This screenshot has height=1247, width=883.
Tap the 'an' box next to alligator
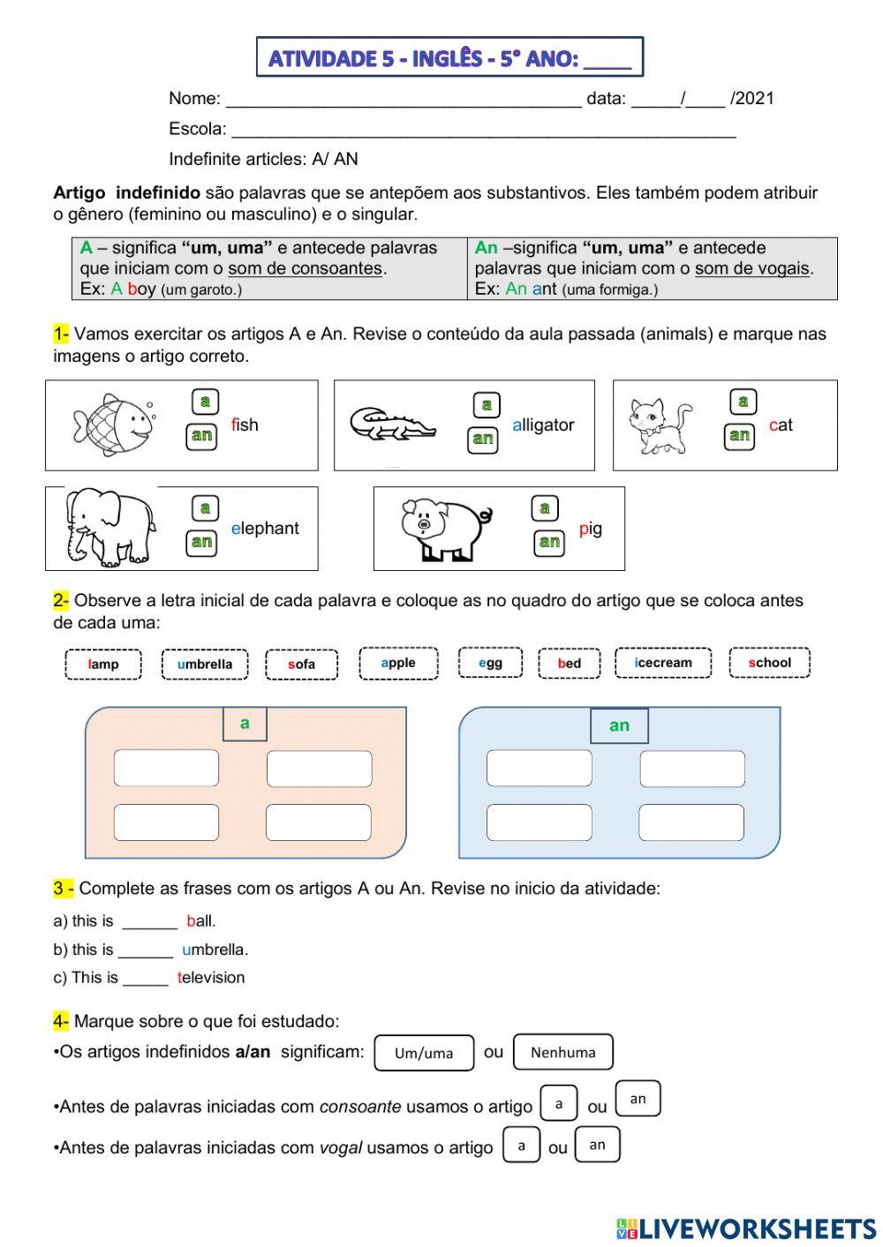click(483, 439)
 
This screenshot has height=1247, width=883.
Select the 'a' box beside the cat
click(743, 402)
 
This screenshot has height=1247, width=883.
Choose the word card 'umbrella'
click(205, 665)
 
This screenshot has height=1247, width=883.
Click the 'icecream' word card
click(663, 663)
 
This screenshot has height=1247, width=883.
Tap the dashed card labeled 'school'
click(769, 663)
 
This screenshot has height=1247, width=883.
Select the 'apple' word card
click(398, 663)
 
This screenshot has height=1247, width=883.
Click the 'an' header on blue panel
click(619, 725)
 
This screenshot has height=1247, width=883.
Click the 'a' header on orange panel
click(245, 724)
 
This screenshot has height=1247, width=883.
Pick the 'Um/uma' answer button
click(424, 1053)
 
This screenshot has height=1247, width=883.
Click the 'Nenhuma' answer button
click(562, 1052)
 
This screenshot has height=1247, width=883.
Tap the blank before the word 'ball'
click(149, 921)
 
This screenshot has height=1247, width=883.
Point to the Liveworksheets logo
click(746, 1228)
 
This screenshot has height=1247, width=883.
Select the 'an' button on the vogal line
click(597, 1145)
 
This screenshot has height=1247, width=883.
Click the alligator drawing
click(391, 424)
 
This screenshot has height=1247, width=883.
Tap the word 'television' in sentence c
click(211, 978)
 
